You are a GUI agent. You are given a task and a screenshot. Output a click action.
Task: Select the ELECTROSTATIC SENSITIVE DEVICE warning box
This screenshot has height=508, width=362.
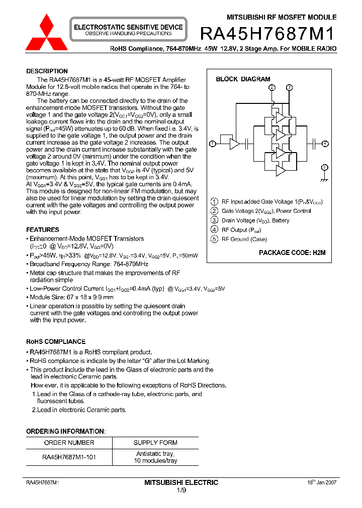click(128, 30)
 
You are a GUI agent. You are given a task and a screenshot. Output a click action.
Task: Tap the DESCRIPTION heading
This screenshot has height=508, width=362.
click(47, 71)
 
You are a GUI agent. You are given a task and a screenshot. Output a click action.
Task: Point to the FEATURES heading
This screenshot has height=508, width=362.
click(42, 230)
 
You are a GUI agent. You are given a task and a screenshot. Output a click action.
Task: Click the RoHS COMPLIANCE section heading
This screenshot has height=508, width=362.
click(55, 342)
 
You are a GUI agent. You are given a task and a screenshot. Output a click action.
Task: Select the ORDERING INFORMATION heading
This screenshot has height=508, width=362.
click(65, 431)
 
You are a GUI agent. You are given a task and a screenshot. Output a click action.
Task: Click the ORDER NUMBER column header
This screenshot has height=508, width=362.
click(69, 443)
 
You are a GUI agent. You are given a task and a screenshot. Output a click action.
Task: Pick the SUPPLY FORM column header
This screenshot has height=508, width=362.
click(155, 443)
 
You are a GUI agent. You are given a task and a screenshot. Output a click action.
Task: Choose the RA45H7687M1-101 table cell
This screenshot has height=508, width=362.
click(69, 457)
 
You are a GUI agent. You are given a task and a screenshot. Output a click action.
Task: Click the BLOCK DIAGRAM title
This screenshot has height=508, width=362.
click(243, 79)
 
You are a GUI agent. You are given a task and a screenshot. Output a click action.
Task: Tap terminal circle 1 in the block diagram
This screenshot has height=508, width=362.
click(212, 144)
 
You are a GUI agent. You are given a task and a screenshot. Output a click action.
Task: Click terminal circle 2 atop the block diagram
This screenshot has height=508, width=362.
click(272, 87)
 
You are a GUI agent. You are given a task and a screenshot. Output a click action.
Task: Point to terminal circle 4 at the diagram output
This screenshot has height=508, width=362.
click(325, 144)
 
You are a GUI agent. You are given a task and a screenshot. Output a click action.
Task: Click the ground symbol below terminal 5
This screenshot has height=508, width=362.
click(325, 179)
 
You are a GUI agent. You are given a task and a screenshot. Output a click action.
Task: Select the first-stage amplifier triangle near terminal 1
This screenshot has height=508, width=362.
click(234, 144)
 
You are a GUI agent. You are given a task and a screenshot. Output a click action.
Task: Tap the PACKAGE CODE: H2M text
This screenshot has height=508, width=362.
click(292, 253)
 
